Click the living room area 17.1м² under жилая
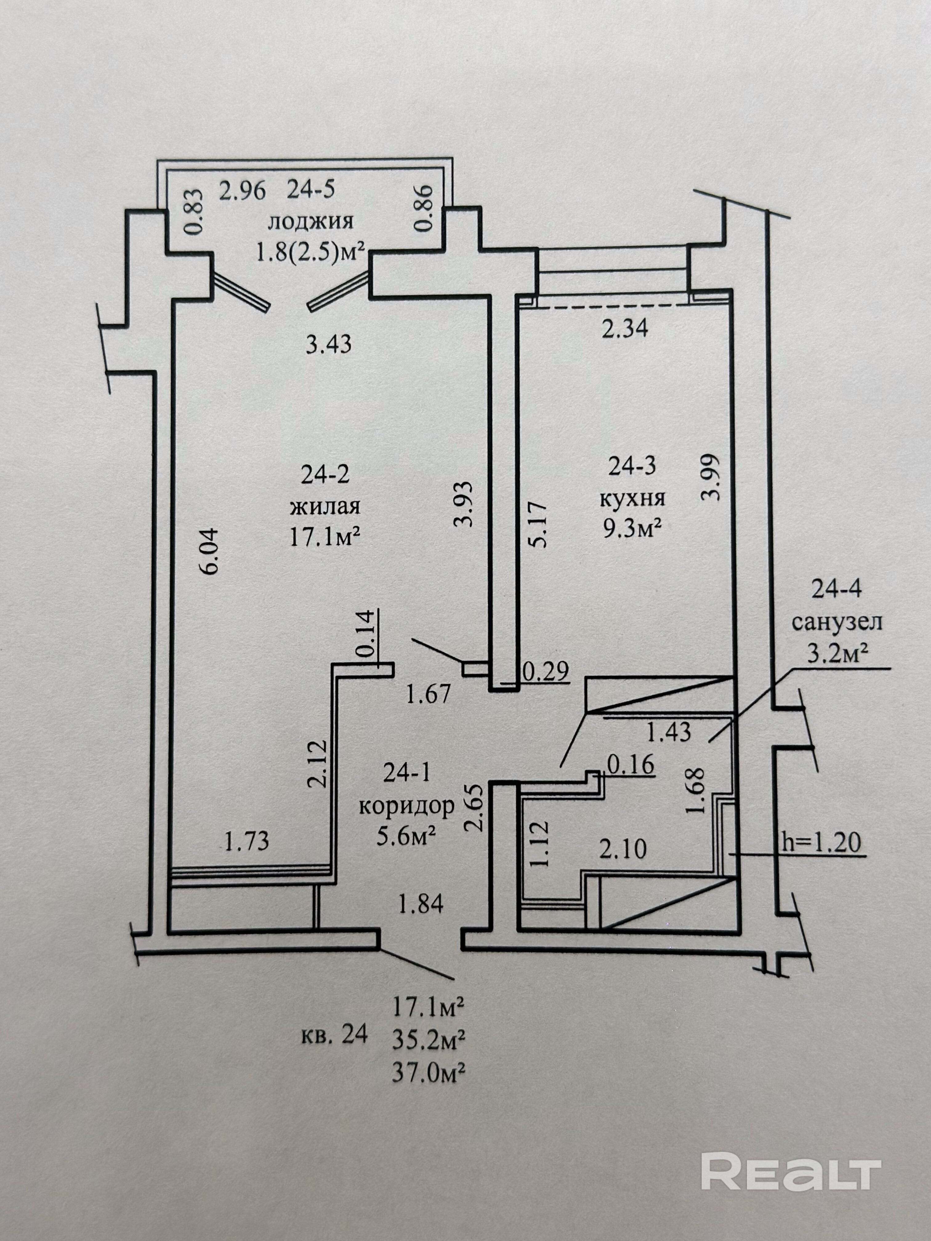click(324, 537)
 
